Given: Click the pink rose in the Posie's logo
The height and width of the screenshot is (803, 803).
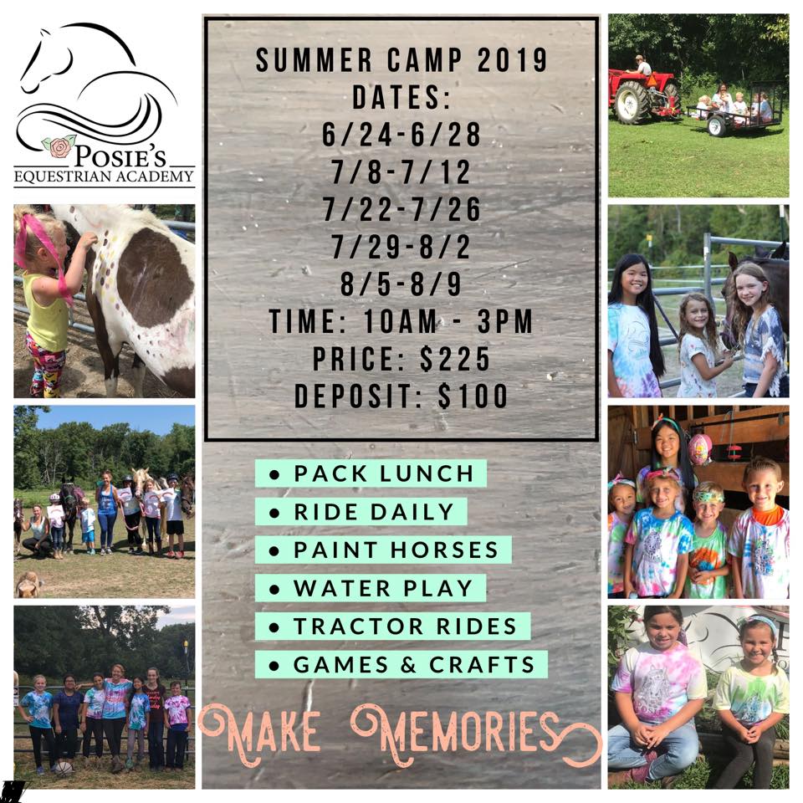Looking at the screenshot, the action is point(59,147).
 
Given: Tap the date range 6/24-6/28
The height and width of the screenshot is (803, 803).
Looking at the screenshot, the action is point(401,134).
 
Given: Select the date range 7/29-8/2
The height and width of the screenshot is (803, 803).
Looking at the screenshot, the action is point(401,247).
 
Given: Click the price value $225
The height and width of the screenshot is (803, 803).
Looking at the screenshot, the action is point(455,359).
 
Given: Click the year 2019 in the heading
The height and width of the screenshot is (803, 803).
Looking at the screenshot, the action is point(512,60).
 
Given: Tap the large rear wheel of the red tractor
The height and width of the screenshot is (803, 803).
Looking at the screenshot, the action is point(632,102).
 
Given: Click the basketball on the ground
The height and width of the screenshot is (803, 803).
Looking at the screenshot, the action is point(63,768).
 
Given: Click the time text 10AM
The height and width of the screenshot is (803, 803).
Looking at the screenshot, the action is point(401,321).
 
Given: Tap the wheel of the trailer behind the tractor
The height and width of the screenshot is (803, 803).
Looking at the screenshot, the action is point(718,126).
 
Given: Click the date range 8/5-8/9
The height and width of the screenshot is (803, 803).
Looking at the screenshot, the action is point(401,284).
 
